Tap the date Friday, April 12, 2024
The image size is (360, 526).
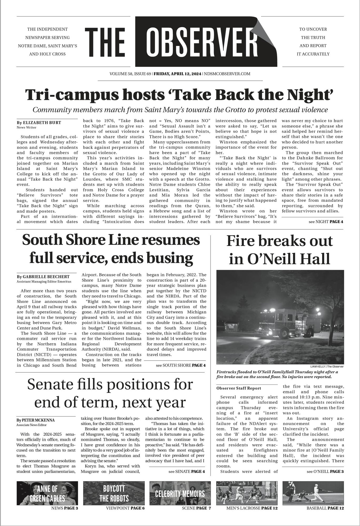178,74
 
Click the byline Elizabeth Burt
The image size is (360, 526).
39,123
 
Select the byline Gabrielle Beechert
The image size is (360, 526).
43,277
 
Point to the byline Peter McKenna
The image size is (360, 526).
36,420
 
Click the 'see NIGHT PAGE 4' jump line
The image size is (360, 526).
326,221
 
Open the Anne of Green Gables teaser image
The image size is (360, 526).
47,493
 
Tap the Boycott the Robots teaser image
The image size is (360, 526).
114,493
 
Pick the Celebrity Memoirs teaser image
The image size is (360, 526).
180,493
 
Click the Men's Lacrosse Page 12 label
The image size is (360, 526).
252,508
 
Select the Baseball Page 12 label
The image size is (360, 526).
325,508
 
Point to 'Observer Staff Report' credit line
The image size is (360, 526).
239,388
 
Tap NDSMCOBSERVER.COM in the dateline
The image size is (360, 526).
227,74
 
